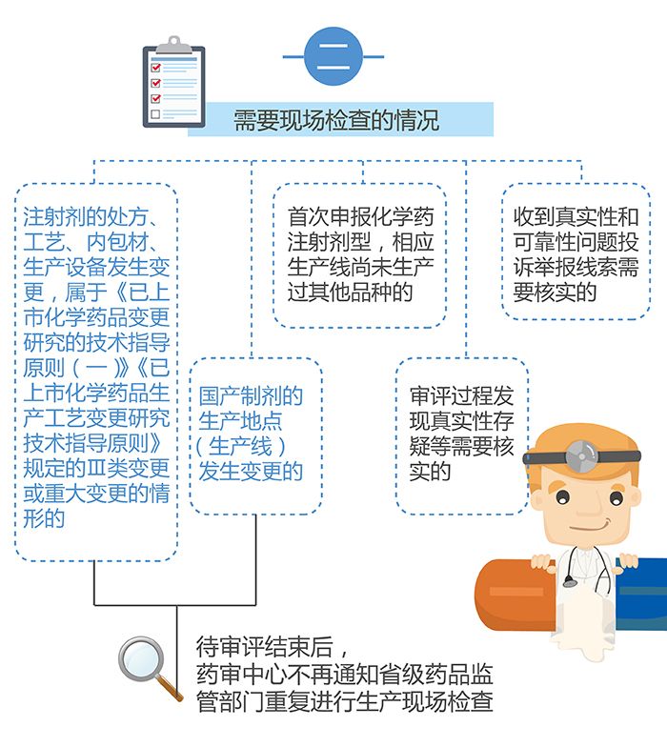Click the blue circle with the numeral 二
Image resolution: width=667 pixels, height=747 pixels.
tap(333, 56)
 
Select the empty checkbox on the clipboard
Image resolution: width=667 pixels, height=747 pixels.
tap(155, 114)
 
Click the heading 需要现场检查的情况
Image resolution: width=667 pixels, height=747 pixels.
tap(336, 120)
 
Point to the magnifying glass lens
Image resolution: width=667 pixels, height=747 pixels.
tap(141, 659)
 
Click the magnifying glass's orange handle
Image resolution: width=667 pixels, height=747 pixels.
tap(171, 690)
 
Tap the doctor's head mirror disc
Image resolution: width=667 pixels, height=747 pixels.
tap(581, 456)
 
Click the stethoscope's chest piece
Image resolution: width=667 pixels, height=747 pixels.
tap(569, 581)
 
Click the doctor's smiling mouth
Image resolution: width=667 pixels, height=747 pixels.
tap(591, 527)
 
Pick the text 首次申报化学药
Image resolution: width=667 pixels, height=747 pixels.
tap(360, 217)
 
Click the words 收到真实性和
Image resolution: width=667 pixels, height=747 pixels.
tap(576, 217)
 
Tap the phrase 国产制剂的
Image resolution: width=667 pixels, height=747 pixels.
tap(251, 395)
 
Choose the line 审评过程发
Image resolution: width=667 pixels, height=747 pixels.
tap(461, 395)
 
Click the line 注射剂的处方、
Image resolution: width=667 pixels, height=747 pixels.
tap(91, 217)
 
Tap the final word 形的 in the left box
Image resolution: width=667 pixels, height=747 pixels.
tap(44, 518)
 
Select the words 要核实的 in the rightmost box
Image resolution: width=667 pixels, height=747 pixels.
tap(555, 292)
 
